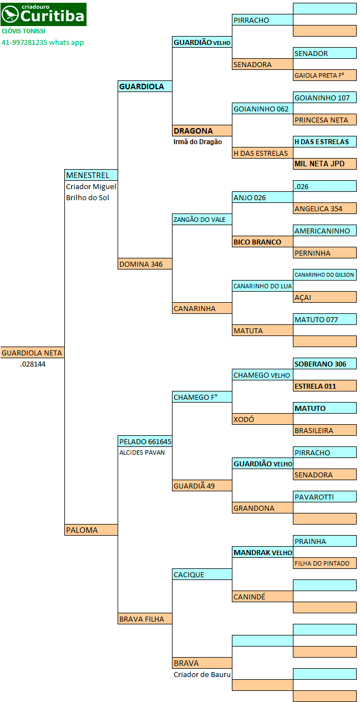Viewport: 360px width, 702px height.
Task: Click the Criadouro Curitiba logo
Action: (43, 14)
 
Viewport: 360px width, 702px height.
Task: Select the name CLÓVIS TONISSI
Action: (23, 31)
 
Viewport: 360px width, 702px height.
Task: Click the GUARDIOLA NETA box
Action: (32, 353)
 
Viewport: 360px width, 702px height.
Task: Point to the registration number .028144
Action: (33, 364)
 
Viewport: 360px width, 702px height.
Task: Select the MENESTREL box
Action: (92, 175)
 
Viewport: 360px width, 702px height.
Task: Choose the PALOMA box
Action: (92, 530)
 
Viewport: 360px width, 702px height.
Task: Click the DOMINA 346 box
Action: (145, 264)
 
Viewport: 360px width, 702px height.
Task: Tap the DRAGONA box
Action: (202, 131)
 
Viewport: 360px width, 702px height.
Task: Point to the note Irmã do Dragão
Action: (197, 141)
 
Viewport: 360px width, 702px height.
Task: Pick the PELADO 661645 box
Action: (145, 441)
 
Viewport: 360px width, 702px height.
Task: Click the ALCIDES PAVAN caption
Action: (142, 452)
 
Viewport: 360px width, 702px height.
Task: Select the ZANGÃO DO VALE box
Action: (202, 220)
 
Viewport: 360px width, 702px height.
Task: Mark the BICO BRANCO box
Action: (263, 242)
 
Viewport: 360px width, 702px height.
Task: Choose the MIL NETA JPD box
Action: (325, 164)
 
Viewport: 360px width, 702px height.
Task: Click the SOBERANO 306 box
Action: (325, 364)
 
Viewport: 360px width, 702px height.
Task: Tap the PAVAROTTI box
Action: (325, 497)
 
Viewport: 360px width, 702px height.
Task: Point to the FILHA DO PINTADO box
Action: (325, 563)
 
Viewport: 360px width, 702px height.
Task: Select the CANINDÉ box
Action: (263, 597)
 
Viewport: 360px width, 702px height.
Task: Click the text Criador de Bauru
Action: (202, 674)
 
